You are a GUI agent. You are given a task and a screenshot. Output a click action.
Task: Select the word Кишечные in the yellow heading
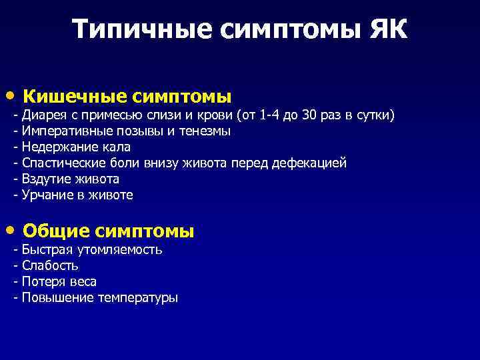tap(74, 97)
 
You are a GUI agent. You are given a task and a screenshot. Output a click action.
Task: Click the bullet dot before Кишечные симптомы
tap(15, 95)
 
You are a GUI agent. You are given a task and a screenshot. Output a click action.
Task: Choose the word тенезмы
tap(204, 131)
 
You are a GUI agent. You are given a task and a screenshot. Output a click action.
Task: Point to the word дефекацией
tap(313, 163)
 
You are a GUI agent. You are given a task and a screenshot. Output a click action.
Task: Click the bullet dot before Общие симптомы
tap(15, 230)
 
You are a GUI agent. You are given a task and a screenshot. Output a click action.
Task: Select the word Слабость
tap(50, 266)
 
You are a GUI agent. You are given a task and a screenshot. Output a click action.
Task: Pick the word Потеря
tap(43, 281)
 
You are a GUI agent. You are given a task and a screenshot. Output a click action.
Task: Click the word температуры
tap(138, 298)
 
